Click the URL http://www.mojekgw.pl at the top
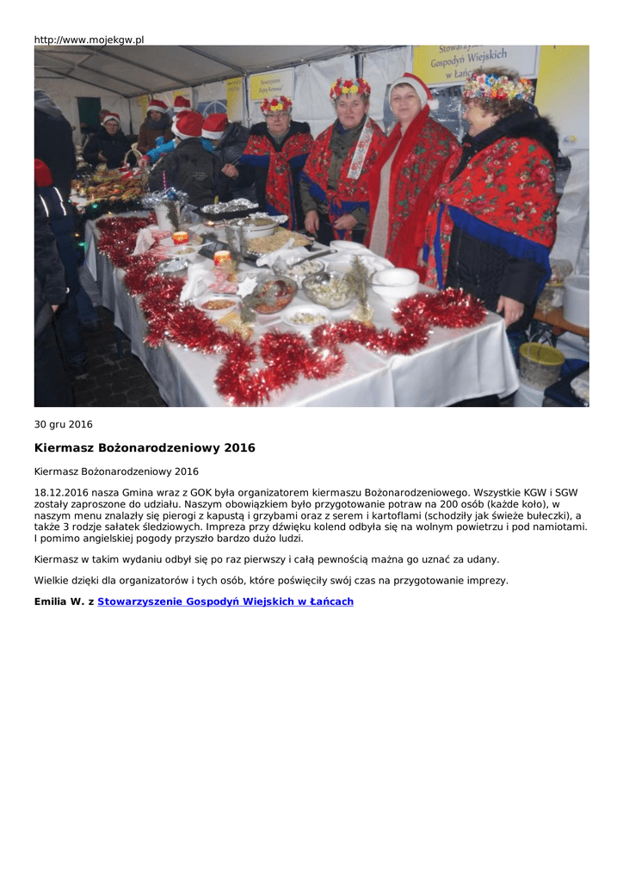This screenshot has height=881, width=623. tap(89, 40)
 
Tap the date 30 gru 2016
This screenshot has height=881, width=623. tap(63, 424)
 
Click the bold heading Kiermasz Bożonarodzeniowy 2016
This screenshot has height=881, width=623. tap(145, 448)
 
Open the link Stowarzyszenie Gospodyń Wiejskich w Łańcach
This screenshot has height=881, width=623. tap(225, 601)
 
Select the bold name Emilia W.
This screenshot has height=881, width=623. tap(59, 601)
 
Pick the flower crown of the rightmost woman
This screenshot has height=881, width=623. tap(497, 87)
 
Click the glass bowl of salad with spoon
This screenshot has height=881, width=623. tap(329, 288)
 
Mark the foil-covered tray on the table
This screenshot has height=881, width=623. tap(229, 206)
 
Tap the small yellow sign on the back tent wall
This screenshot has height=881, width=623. tap(271, 85)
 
